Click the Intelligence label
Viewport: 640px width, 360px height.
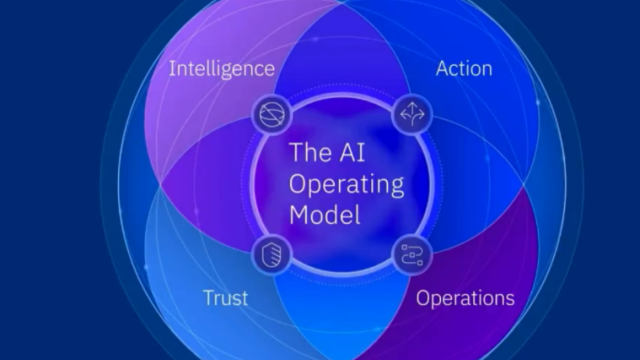pyautogui.click(x=222, y=69)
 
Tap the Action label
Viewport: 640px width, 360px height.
pyautogui.click(x=464, y=68)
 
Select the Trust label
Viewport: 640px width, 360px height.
pyautogui.click(x=225, y=298)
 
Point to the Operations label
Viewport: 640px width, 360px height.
pyautogui.click(x=465, y=298)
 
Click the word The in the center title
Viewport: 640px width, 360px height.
pyautogui.click(x=310, y=152)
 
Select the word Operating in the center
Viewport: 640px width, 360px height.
pyautogui.click(x=347, y=185)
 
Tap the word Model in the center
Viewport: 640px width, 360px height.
pyautogui.click(x=325, y=214)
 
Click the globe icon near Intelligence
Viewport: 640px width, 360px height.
pyautogui.click(x=272, y=114)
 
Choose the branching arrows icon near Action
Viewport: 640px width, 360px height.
pyautogui.click(x=412, y=114)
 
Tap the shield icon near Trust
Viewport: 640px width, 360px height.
pyautogui.click(x=272, y=255)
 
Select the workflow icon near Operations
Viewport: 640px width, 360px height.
pyautogui.click(x=412, y=255)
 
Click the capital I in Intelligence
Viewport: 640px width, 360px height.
pyautogui.click(x=171, y=68)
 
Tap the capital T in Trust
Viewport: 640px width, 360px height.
pyautogui.click(x=210, y=298)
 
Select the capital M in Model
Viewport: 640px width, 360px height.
pyautogui.click(x=298, y=214)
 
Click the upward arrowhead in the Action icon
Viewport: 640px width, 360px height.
pyautogui.click(x=412, y=106)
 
